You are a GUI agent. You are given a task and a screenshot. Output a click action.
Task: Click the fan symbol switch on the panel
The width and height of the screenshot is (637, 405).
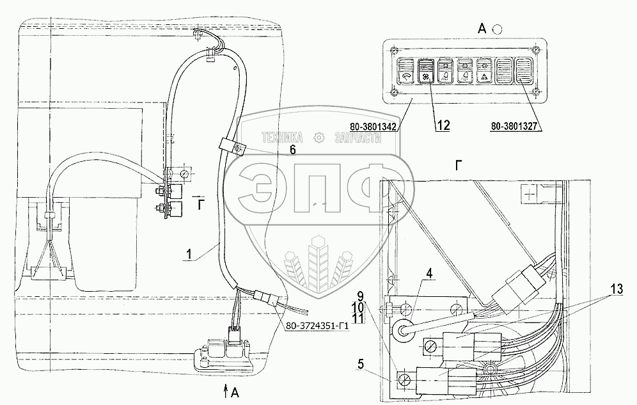click(425, 72)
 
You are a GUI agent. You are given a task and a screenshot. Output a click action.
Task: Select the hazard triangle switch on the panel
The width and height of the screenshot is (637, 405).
click(484, 72)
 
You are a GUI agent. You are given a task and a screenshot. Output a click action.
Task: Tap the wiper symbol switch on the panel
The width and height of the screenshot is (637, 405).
click(405, 72)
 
